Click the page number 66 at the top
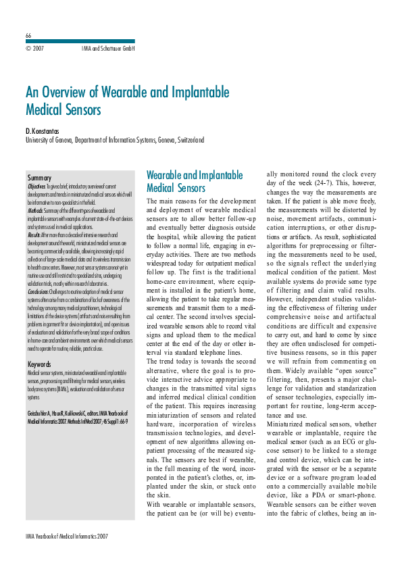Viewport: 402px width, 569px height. [x=28, y=35]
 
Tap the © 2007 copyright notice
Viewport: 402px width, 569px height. [x=34, y=49]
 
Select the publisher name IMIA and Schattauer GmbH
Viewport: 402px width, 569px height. [x=108, y=49]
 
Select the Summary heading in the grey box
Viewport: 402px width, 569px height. [x=40, y=178]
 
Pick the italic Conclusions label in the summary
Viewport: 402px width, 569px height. [x=39, y=291]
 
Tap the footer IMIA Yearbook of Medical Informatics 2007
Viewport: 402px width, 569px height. [x=66, y=536]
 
